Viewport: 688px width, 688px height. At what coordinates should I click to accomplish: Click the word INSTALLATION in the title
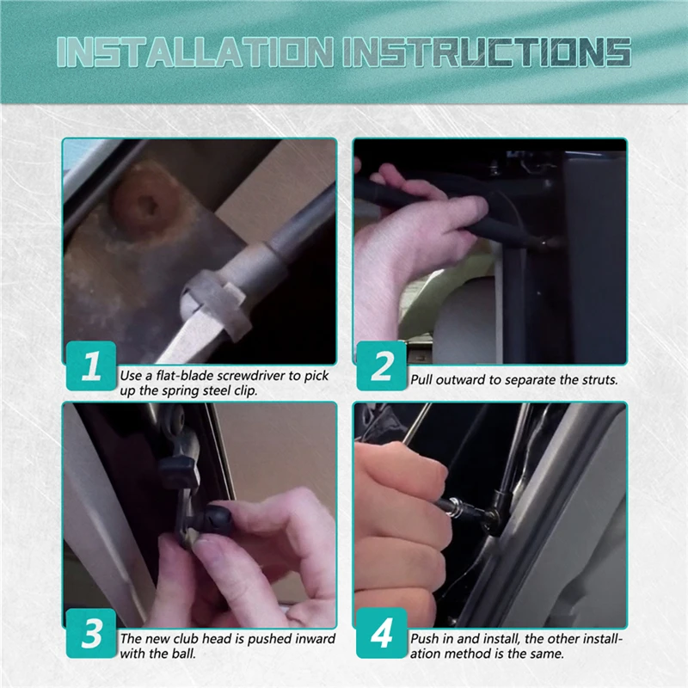[x=195, y=52]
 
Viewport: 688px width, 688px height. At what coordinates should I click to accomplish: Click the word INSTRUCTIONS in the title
[x=487, y=52]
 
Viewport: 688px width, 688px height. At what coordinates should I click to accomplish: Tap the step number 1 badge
[x=91, y=365]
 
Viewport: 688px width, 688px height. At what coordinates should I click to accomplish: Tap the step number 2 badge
[x=382, y=365]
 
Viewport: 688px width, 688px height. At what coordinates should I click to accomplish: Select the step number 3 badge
[x=91, y=633]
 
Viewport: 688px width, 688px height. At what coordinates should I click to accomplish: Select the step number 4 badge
[x=382, y=633]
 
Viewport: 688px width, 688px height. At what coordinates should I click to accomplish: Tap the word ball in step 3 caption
[x=182, y=654]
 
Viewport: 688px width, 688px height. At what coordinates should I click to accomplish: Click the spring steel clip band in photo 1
[x=216, y=303]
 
